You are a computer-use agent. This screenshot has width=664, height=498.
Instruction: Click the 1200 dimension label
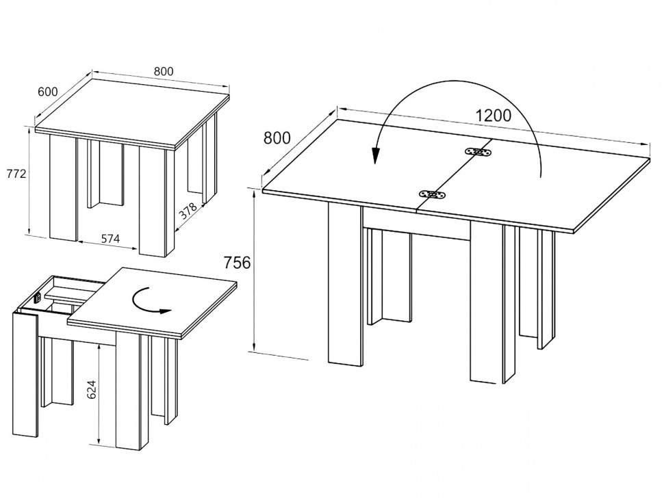click(493, 115)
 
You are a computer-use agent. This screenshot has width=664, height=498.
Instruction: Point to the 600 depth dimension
click(48, 91)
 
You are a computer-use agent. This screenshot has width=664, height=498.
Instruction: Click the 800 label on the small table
click(163, 71)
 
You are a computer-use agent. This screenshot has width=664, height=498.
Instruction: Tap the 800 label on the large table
click(277, 137)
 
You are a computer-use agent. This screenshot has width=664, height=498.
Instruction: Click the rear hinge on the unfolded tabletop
click(478, 152)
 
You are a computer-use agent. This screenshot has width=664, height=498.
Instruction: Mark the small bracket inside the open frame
click(38, 297)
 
